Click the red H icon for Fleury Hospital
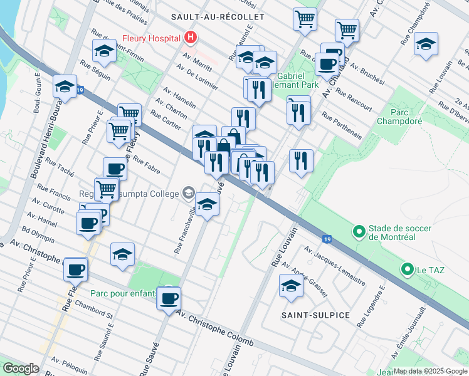tap(191, 38)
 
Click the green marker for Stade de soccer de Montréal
tap(359, 232)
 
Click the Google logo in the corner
tap(21, 368)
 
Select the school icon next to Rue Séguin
tap(104, 51)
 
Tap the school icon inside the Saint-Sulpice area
tap(290, 285)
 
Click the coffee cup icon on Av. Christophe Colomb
tap(168, 297)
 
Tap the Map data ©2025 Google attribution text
tap(430, 371)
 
